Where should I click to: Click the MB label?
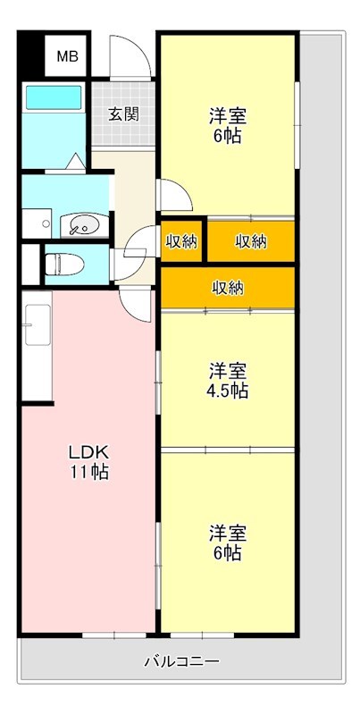coord(68,56)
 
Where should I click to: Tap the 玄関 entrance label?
coord(122,114)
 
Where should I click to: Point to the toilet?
coord(63,264)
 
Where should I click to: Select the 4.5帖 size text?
coord(228,391)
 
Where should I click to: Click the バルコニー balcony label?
coord(181,661)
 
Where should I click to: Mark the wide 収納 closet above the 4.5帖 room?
coord(228,287)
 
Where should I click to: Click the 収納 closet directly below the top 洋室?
coord(251,240)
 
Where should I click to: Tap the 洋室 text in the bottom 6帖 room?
coord(228,533)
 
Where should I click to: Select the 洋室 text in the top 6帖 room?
coord(228,116)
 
